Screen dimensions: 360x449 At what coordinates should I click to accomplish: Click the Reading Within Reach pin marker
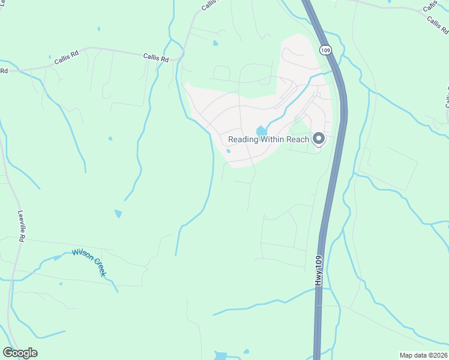tap(319, 139)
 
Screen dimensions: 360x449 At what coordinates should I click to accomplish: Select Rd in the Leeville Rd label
tap(22, 238)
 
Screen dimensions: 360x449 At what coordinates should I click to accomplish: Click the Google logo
tap(20, 353)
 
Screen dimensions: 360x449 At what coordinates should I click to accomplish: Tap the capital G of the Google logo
tap(8, 353)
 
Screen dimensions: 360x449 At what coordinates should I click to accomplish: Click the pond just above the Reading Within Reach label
tap(261, 131)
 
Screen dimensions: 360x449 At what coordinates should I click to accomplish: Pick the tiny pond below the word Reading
tap(229, 151)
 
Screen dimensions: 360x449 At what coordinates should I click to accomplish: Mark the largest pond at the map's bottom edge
tap(220, 356)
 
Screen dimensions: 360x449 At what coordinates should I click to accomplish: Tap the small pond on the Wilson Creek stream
tap(57, 258)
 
